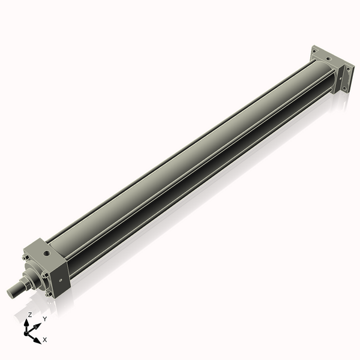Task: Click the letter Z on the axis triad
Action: coord(30,314)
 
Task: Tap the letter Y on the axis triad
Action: coord(44,319)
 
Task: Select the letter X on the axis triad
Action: coord(45,340)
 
